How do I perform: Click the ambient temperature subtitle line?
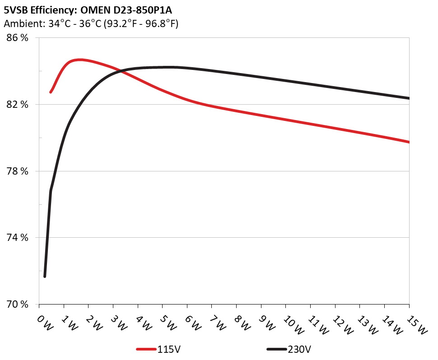90,24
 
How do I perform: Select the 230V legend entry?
289,349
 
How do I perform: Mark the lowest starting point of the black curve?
45,276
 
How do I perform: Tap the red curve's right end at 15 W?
409,142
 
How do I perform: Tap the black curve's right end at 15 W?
409,98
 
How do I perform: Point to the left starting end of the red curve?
51,92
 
